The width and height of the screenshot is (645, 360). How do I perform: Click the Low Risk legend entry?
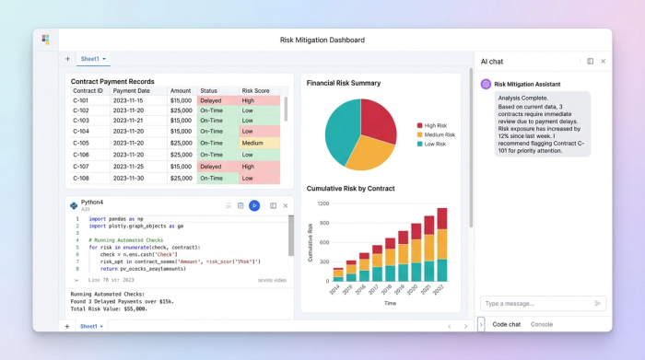click(x=435, y=145)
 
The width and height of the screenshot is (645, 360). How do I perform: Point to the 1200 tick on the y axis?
click(x=322, y=203)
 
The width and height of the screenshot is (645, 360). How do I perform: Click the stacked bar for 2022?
click(x=442, y=245)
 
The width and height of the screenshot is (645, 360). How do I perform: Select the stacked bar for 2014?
click(x=338, y=274)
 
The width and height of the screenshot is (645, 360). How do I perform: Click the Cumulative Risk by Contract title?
click(x=350, y=189)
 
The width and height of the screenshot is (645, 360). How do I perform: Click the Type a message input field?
click(x=534, y=303)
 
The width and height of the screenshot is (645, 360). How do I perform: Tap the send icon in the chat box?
click(x=597, y=303)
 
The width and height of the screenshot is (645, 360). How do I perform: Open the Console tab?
click(x=542, y=324)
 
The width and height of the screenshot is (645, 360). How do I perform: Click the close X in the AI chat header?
click(x=604, y=61)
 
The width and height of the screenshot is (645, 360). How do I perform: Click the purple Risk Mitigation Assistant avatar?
click(x=486, y=84)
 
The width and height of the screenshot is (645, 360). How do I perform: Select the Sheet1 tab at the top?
click(x=91, y=59)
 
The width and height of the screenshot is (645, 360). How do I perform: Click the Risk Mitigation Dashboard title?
click(x=322, y=40)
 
